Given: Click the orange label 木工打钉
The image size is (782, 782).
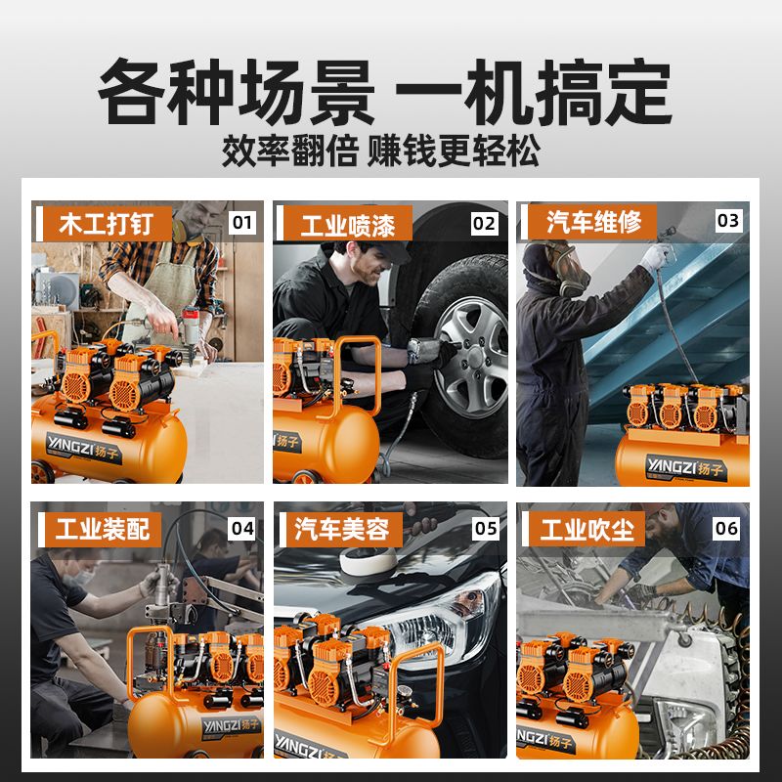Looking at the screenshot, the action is click(107, 224).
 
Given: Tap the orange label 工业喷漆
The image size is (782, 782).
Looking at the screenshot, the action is click(348, 225).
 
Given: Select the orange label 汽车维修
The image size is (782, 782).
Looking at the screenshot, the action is click(592, 222).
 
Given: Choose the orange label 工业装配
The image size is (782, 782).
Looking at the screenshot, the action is click(103, 529).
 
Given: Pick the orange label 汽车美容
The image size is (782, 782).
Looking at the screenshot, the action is click(343, 529).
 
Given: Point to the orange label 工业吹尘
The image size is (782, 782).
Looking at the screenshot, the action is click(586, 529).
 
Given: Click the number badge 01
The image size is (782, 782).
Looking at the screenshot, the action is click(242, 222).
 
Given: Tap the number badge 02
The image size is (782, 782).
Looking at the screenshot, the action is click(484, 224).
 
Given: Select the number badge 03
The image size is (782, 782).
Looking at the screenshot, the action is click(728, 221).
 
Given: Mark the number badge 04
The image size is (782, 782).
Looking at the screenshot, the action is click(242, 529).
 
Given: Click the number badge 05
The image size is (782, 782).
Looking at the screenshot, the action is click(486, 529).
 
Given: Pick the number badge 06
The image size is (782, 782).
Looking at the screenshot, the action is click(726, 529).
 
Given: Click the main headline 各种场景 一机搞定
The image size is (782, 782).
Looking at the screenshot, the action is click(385, 92).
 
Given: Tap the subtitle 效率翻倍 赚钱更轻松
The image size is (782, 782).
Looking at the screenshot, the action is click(381, 151).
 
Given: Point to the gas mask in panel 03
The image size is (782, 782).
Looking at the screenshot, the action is click(569, 270).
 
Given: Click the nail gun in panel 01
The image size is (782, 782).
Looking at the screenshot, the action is click(190, 329).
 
